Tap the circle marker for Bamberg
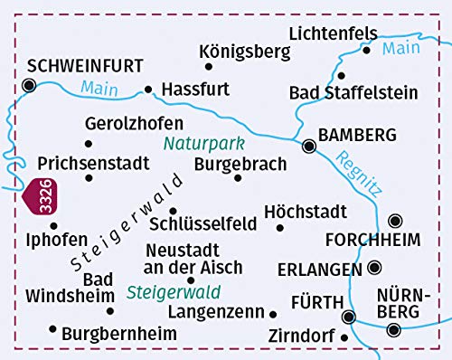tap(309, 144)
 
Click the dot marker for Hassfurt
tap(148, 90)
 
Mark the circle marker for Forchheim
tap(395, 220)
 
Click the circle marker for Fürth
tap(349, 316)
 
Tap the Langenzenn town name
tap(216, 312)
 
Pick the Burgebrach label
tap(240, 165)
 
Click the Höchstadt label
tap(306, 211)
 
